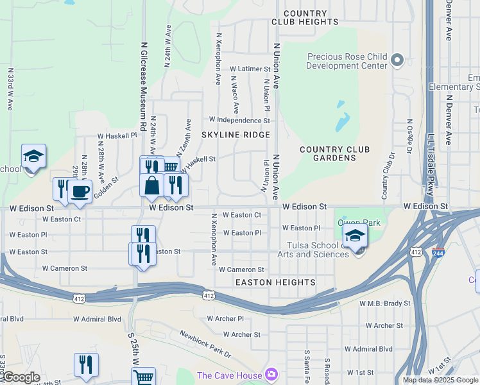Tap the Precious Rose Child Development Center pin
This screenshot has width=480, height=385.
point(397,60)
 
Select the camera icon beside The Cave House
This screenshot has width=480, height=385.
point(271,375)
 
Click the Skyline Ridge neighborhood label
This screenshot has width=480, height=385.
point(236,135)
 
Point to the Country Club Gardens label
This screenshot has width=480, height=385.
point(335,154)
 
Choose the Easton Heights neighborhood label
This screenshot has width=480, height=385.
point(275,282)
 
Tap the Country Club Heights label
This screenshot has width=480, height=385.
point(305,17)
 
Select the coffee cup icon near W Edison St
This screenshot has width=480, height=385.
point(80,191)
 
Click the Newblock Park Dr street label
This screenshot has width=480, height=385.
point(205,344)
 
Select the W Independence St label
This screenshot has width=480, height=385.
point(239,120)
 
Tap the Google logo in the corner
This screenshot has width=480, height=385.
point(21,377)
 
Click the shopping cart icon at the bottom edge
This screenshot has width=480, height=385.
point(143,377)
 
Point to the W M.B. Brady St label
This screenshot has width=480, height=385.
point(384,303)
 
